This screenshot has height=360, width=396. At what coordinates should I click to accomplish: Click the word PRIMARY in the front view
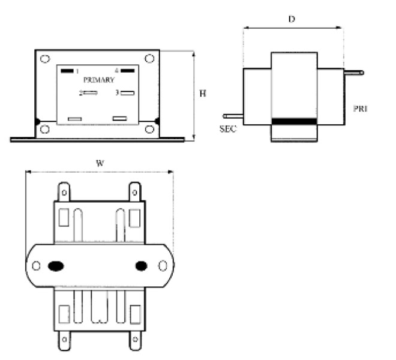coord(99,80)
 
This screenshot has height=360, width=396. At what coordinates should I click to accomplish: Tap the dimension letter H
coord(203,94)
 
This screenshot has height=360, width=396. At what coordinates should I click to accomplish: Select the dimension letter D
coord(292,19)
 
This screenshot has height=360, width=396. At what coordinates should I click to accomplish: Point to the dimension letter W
coord(100,163)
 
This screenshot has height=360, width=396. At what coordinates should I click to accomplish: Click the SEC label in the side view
coord(228,129)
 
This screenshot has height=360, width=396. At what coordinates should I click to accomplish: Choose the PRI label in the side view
coord(361,109)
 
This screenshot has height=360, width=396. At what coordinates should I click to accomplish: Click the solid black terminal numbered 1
coord(67,71)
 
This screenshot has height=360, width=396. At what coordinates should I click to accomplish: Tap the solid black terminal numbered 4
coord(128,70)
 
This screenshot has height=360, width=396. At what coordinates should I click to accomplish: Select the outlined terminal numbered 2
coord(90,93)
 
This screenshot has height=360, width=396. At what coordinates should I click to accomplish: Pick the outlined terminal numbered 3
coord(127,93)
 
